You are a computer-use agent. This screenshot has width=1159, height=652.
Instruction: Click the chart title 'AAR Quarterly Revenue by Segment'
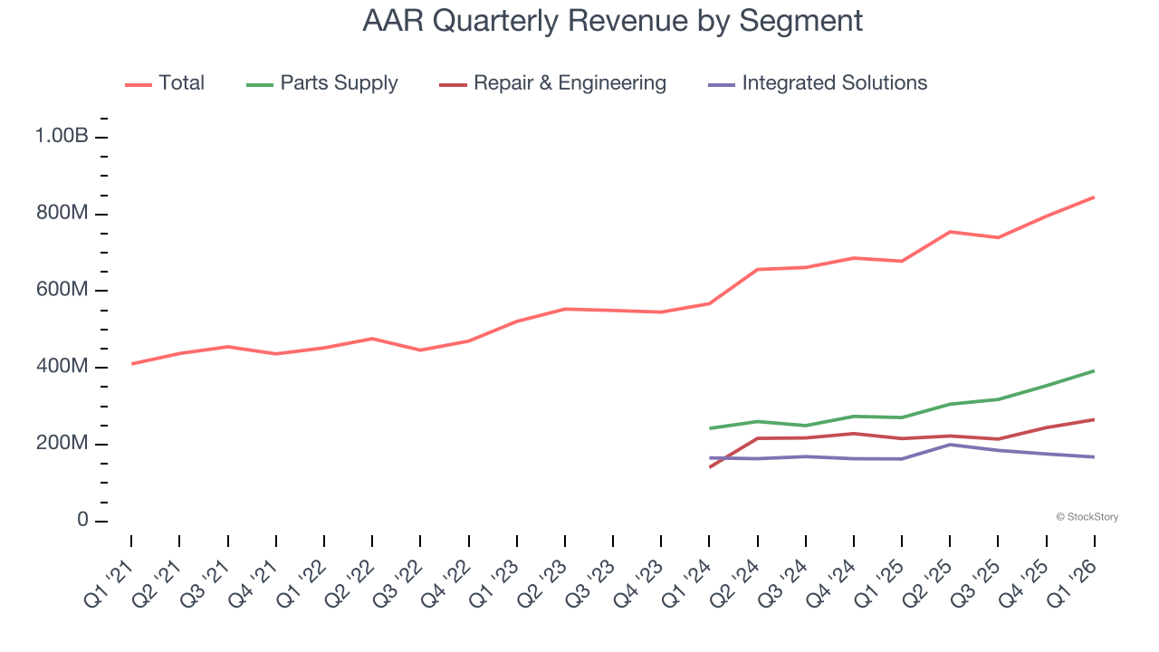612,20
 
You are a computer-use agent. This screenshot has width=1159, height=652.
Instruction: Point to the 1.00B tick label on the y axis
62,137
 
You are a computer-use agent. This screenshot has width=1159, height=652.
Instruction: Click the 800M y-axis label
62,214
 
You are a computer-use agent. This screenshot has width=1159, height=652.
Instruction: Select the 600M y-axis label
62,291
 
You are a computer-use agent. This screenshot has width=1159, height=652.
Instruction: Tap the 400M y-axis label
62,368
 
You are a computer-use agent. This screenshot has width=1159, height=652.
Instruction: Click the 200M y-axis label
62,445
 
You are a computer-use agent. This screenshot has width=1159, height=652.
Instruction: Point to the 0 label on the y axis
82,521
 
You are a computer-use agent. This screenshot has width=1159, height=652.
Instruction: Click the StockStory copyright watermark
1087,517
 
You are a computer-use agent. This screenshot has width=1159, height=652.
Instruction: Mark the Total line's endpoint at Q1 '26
1094,197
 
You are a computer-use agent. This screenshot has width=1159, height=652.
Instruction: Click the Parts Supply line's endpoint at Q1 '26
1094,371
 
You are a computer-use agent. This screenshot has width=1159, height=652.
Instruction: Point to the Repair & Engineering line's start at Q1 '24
709,467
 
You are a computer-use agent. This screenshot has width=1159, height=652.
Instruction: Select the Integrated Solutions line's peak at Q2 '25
950,445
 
